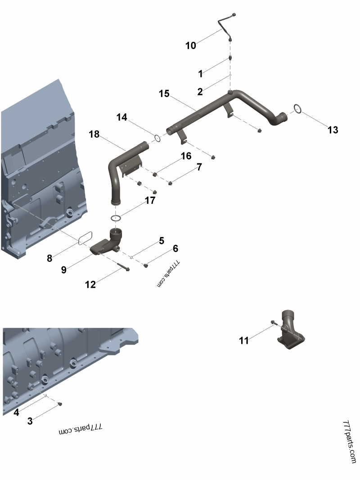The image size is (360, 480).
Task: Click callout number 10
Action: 191,45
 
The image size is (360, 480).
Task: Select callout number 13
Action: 333,130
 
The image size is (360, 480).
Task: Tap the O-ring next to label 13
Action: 297,108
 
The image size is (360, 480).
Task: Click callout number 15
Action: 164,94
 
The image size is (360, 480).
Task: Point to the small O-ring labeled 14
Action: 156,138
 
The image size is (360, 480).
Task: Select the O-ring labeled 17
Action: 116,218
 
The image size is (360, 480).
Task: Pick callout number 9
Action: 63,269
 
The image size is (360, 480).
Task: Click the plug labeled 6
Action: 146,266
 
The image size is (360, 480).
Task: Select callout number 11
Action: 243,341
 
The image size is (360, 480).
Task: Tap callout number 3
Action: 30,421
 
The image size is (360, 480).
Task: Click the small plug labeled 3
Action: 60,404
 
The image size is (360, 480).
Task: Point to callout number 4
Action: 16,412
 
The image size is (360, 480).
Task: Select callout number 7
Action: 199,167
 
